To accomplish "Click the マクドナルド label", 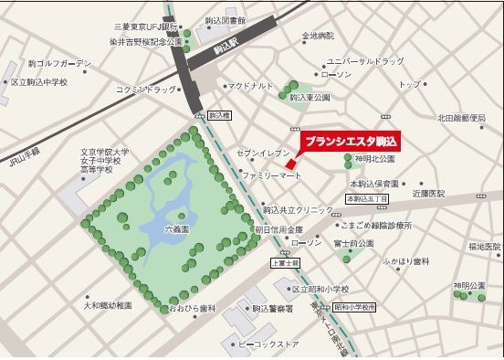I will [x=251, y=85].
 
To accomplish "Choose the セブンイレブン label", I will [x=263, y=154].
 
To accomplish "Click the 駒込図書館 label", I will [x=226, y=19].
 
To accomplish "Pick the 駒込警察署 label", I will [x=272, y=310].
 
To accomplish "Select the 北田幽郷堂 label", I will [x=465, y=118].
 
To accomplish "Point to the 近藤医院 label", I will [x=427, y=194].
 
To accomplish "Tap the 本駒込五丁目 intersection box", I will [x=367, y=197].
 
